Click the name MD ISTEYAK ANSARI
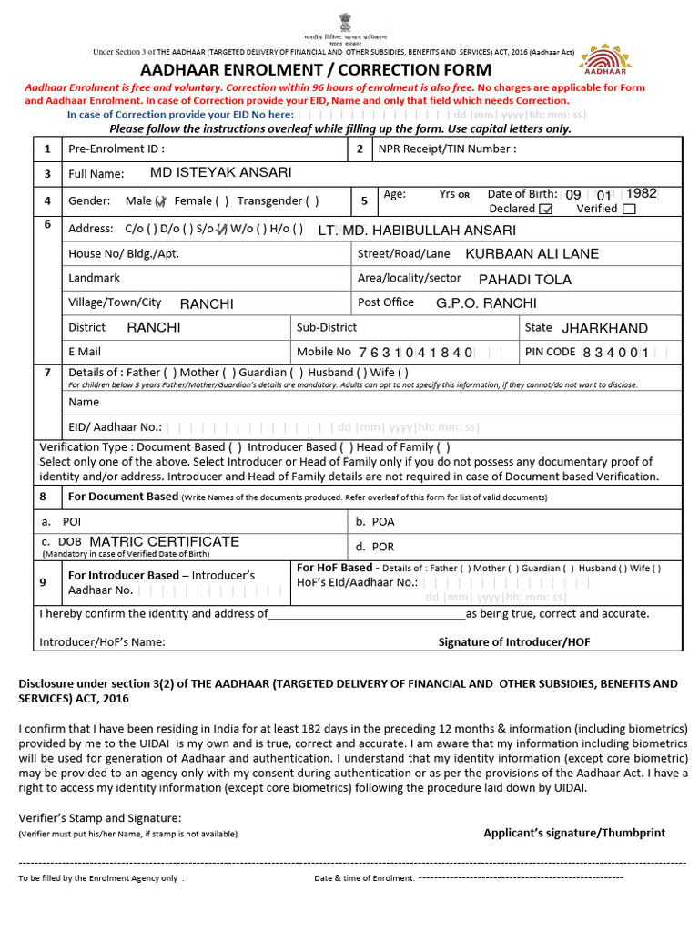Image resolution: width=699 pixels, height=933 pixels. tap(221, 172)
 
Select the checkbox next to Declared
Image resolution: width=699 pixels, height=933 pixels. tap(546, 209)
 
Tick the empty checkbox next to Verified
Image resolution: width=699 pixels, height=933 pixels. tap(628, 209)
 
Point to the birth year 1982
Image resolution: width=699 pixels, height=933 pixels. tap(642, 193)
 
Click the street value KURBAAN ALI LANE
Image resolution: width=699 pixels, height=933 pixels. tap(532, 254)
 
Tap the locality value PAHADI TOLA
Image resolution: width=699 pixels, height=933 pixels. tap(525, 279)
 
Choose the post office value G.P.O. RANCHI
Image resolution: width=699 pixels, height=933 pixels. tap(486, 303)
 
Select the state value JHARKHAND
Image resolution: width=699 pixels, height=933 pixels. tap(604, 328)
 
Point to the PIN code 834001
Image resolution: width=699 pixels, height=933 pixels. tap(615, 353)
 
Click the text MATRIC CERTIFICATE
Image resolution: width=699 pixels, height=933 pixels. tap(165, 541)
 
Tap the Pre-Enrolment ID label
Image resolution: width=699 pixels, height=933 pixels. tap(116, 149)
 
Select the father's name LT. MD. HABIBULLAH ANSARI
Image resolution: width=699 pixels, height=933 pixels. tap(417, 231)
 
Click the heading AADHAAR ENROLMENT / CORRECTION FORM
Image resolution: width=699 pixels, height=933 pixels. tap(316, 70)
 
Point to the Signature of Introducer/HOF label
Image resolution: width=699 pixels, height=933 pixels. tap(514, 641)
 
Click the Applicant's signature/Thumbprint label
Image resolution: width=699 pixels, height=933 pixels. tap(573, 832)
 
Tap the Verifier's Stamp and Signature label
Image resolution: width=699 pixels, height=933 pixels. tap(100, 817)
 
